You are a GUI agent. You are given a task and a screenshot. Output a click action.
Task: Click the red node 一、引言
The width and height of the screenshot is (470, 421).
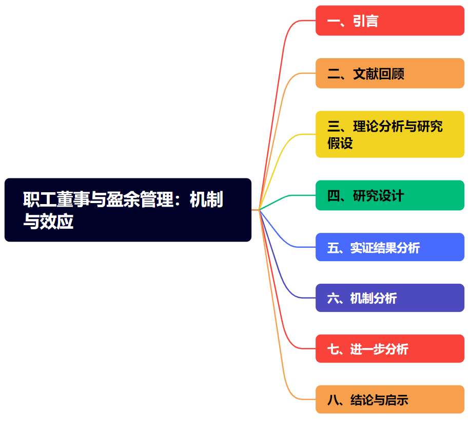click(389, 21)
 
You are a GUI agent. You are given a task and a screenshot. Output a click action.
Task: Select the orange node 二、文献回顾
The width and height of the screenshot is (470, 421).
click(389, 74)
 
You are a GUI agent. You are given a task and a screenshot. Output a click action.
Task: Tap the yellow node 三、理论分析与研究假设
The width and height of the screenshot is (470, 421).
click(389, 134)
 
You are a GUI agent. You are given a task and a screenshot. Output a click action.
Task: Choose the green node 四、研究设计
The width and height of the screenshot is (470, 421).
click(389, 195)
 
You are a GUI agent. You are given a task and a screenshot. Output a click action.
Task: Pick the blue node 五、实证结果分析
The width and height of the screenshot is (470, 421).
click(389, 247)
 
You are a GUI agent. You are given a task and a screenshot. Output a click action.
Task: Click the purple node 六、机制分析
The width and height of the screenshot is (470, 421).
click(389, 298)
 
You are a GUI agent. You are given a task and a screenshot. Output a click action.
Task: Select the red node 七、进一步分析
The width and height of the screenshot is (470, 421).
click(389, 349)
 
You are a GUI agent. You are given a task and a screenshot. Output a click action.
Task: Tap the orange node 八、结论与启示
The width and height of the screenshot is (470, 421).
click(389, 399)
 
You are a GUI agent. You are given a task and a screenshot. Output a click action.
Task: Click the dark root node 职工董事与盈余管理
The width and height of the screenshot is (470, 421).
click(128, 210)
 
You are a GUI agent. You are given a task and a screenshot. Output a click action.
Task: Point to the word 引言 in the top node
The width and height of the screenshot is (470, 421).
click(366, 21)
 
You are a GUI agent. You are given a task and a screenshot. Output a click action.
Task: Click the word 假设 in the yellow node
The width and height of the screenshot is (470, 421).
click(340, 143)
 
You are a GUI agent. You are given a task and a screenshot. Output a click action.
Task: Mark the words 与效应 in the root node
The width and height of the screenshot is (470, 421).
click(48, 222)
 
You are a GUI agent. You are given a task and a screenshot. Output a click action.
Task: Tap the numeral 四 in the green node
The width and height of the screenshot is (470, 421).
click(334, 196)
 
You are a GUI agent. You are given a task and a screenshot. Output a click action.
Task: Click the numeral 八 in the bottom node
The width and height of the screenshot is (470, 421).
click(333, 400)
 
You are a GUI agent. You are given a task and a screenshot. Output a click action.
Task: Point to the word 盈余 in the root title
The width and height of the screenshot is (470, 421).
click(123, 199)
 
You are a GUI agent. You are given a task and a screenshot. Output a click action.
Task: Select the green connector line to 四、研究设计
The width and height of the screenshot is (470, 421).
click(287, 198)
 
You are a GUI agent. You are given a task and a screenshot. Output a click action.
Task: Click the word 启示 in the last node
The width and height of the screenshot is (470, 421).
click(396, 400)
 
